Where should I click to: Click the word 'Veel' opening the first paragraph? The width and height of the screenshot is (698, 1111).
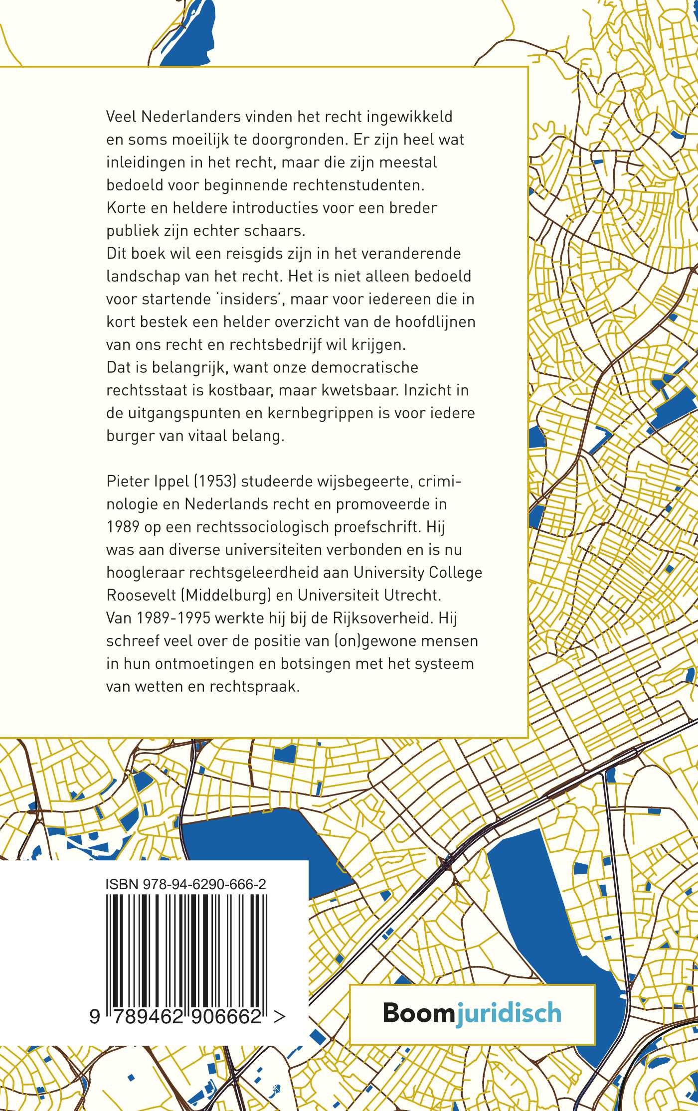tap(122, 117)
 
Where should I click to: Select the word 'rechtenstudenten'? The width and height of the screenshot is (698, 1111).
tap(358, 185)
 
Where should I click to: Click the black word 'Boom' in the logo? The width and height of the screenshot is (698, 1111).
tap(418, 1013)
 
